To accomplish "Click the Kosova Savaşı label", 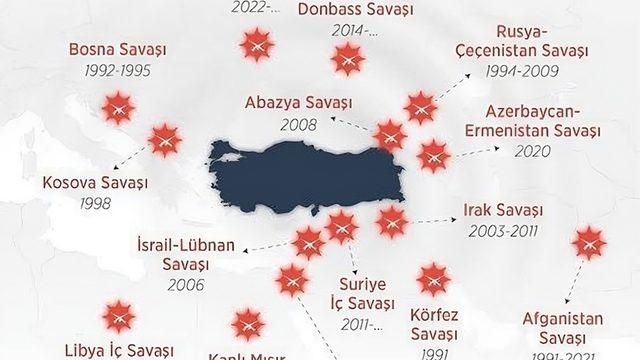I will coord(95,183).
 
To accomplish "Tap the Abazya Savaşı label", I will coord(293,103).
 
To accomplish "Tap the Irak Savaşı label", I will coord(503,210).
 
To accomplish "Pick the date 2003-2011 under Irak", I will coord(503,231).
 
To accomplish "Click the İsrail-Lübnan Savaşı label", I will coord(187,255).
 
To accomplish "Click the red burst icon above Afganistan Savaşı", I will coord(586,244).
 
